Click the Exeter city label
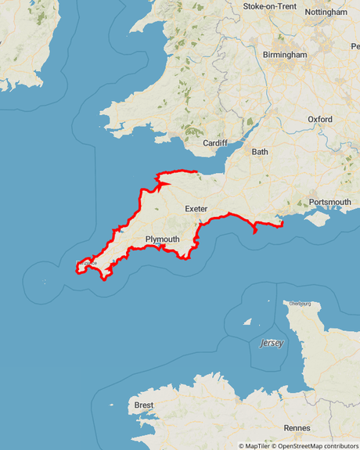(x=196, y=209)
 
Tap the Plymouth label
(x=163, y=239)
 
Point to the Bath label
(x=260, y=152)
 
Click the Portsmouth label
(x=330, y=202)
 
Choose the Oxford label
(x=320, y=119)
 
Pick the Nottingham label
(x=326, y=13)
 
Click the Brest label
(x=144, y=405)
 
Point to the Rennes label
(x=297, y=427)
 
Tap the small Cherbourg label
(x=300, y=303)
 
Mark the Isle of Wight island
(x=318, y=220)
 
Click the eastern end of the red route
(x=280, y=225)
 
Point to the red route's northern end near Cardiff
(x=194, y=171)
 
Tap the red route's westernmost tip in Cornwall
(x=77, y=268)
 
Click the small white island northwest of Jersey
(x=248, y=321)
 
